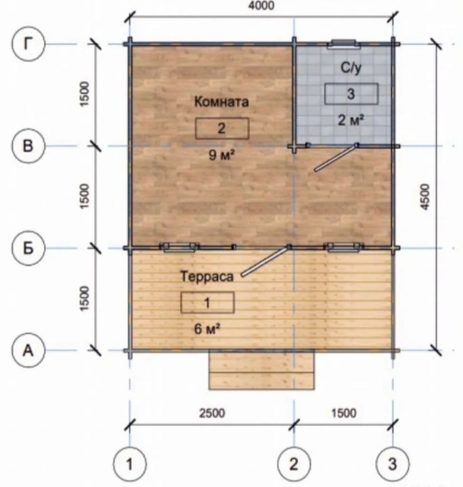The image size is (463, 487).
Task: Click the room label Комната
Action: (x=221, y=102)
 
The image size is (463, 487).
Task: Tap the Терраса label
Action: (x=207, y=277)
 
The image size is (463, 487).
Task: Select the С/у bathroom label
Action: (x=351, y=68)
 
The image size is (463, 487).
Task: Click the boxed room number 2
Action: (x=222, y=128)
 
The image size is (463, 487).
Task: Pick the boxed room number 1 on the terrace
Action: (x=207, y=302)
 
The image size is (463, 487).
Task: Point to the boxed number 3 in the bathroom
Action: (x=352, y=93)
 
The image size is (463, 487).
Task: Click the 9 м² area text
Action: (x=221, y=155)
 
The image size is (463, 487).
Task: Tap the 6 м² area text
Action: (x=207, y=329)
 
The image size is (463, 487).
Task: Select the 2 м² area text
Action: (x=351, y=120)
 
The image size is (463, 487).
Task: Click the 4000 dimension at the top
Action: (x=261, y=6)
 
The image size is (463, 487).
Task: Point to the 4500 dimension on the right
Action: (x=425, y=197)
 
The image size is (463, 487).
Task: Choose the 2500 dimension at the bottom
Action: (x=212, y=413)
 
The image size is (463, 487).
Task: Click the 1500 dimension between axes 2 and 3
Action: (x=343, y=413)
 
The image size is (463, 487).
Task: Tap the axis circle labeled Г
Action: (x=29, y=44)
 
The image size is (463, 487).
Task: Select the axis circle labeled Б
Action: (x=29, y=248)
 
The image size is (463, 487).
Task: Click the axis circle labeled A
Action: (x=29, y=350)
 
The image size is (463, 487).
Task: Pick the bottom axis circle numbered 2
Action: (x=294, y=464)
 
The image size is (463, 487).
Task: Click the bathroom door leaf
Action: (x=336, y=157)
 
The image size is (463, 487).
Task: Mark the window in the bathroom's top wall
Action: (x=343, y=44)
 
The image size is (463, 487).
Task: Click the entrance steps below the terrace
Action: (x=262, y=370)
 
